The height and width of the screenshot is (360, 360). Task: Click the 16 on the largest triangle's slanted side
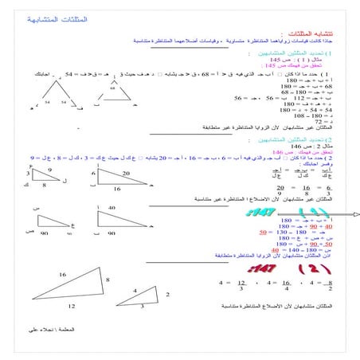(61, 273)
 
